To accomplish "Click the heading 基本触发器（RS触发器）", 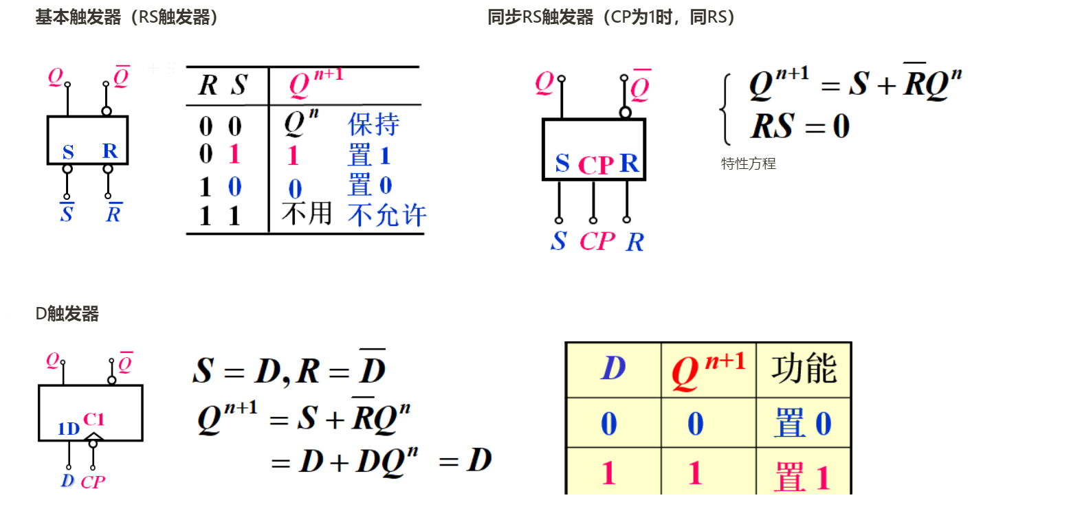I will [x=127, y=17].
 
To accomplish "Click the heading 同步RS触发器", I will [x=611, y=17].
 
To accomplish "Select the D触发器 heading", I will [x=67, y=314].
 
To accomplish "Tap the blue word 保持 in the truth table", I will [x=373, y=125].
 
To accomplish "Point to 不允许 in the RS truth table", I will [x=387, y=216].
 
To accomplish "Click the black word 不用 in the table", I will [x=307, y=214].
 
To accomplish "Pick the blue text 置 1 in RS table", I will [x=369, y=155].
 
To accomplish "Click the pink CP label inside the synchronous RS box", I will [x=595, y=166].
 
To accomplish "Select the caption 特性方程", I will [x=748, y=164].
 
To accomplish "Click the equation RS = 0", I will [x=799, y=126].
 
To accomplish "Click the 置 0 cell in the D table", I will [x=803, y=423].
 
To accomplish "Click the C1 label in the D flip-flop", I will [x=94, y=419].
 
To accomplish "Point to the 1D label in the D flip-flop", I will [x=69, y=430].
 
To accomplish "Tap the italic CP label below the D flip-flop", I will [x=93, y=482].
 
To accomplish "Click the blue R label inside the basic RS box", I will [x=110, y=151].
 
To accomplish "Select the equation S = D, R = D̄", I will [x=289, y=371].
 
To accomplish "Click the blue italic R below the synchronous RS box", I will [x=634, y=242].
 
